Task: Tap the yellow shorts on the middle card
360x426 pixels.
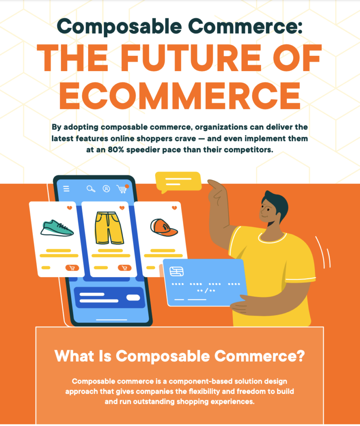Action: (109, 228)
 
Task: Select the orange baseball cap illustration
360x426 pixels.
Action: (164, 228)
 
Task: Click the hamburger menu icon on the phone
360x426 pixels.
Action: (66, 188)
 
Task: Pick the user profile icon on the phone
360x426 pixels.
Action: (106, 188)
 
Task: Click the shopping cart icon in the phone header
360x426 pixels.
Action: (122, 189)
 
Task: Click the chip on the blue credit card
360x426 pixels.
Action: (177, 271)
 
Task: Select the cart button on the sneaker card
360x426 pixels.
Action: (72, 268)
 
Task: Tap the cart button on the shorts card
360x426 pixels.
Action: (125, 268)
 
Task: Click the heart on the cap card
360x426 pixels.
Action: (174, 208)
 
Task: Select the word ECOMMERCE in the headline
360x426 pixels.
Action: (180, 95)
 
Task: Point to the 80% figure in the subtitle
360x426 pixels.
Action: (116, 150)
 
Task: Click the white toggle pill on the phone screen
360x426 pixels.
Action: (133, 297)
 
